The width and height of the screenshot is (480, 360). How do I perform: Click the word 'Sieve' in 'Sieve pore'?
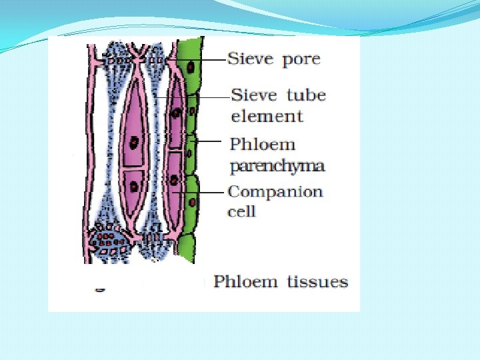click(250, 59)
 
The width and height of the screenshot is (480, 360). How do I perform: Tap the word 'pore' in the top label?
click(301, 60)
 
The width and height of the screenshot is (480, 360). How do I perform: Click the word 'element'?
click(267, 116)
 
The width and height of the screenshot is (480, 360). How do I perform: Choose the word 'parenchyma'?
click(277, 165)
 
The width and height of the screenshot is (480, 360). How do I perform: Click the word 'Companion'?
click(275, 192)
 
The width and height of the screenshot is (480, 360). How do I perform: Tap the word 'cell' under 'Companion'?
click(241, 211)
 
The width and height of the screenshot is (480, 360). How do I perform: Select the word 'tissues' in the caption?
click(317, 281)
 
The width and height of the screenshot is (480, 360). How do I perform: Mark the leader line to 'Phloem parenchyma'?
click(209, 141)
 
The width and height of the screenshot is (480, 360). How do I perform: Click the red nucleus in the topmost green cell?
click(191, 67)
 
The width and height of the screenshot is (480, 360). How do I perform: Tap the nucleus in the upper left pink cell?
click(135, 142)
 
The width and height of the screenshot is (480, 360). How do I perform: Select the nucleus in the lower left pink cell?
click(134, 185)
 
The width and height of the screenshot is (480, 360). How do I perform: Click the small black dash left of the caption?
click(100, 290)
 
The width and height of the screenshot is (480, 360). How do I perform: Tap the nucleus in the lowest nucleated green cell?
click(193, 201)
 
